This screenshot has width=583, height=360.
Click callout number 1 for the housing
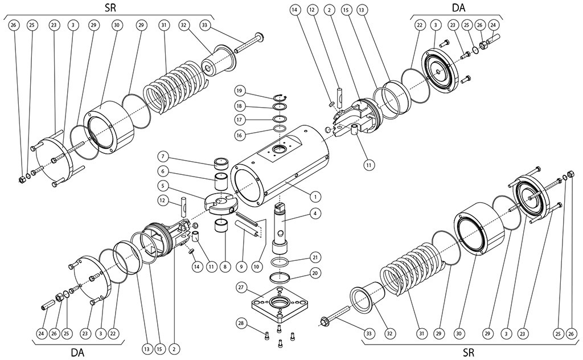313,195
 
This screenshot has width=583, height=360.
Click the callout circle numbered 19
240,91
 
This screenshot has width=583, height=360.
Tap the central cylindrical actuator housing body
285,165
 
